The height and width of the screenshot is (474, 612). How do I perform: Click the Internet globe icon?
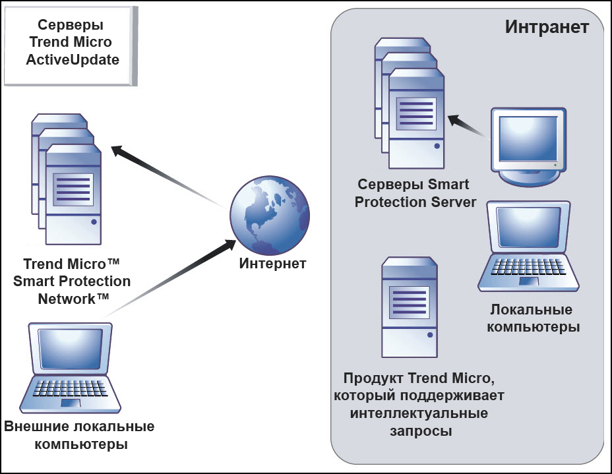(x=267, y=216)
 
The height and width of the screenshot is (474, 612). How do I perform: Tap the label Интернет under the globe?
(x=272, y=264)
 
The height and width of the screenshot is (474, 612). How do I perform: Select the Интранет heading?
(x=547, y=27)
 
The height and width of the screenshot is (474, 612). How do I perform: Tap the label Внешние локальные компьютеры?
(x=79, y=435)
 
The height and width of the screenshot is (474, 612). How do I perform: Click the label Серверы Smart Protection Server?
(x=415, y=193)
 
